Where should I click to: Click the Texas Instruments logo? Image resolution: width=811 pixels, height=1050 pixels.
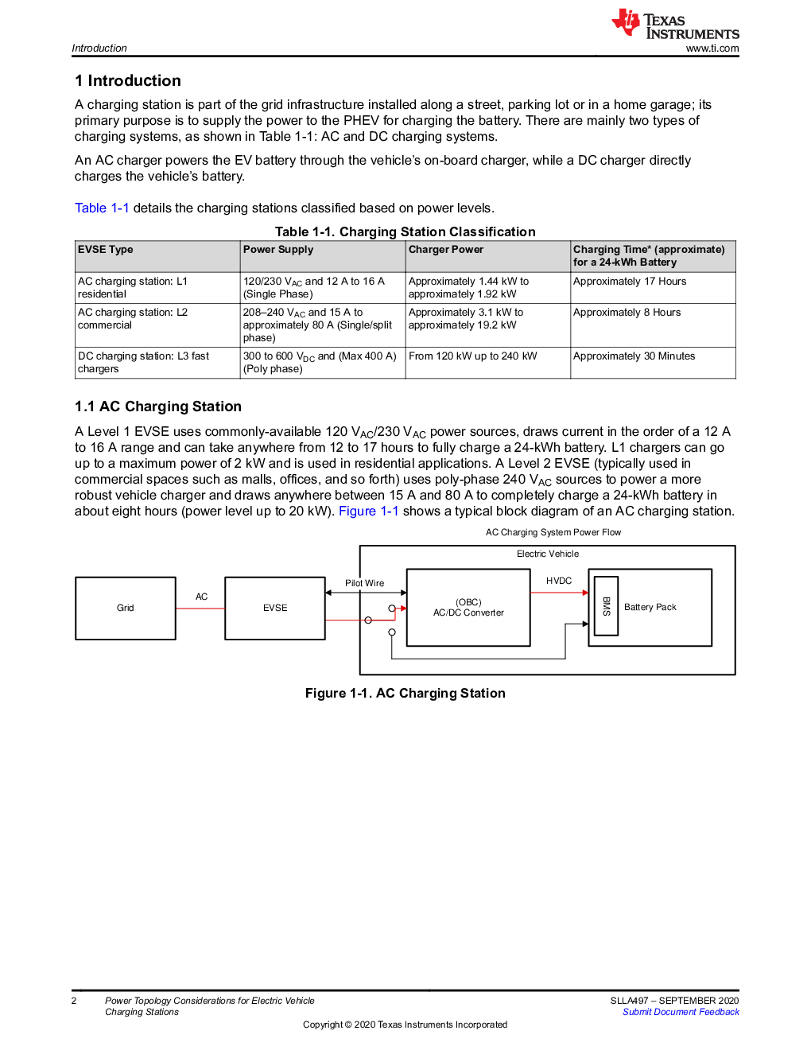point(675,23)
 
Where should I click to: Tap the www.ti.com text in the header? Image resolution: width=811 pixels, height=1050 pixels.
point(712,49)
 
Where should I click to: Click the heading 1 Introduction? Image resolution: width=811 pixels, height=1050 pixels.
point(128,80)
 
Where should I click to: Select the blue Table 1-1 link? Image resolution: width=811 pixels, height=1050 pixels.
point(102,208)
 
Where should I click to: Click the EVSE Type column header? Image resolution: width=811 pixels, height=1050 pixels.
point(105,249)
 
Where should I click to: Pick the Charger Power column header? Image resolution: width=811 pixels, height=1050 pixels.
point(446,249)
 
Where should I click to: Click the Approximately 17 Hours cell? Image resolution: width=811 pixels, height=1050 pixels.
point(630,282)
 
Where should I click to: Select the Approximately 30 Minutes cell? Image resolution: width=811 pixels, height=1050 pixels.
point(634,356)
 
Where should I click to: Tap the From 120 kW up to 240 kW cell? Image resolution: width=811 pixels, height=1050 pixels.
point(472,356)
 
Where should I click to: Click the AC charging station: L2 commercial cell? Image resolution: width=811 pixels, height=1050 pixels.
point(133,318)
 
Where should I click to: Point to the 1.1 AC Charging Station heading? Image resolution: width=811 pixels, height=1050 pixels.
point(158,406)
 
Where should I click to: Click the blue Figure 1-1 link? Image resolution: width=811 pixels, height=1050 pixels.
point(369,511)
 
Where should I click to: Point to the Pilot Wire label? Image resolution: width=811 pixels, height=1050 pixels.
point(365,583)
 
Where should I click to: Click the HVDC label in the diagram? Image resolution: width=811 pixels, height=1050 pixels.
point(559,581)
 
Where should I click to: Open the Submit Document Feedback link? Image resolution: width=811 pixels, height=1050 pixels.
point(681,1012)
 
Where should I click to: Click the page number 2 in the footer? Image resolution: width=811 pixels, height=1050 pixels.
point(74,1000)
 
